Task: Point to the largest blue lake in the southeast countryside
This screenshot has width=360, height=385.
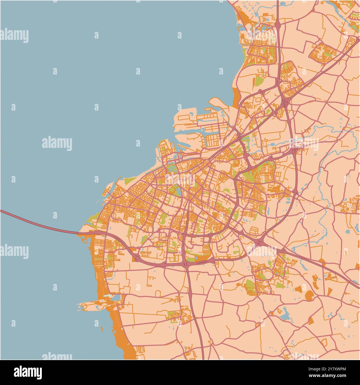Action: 285,314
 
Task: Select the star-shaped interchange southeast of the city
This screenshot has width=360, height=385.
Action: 260,242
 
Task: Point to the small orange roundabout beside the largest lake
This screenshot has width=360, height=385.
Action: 272,313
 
